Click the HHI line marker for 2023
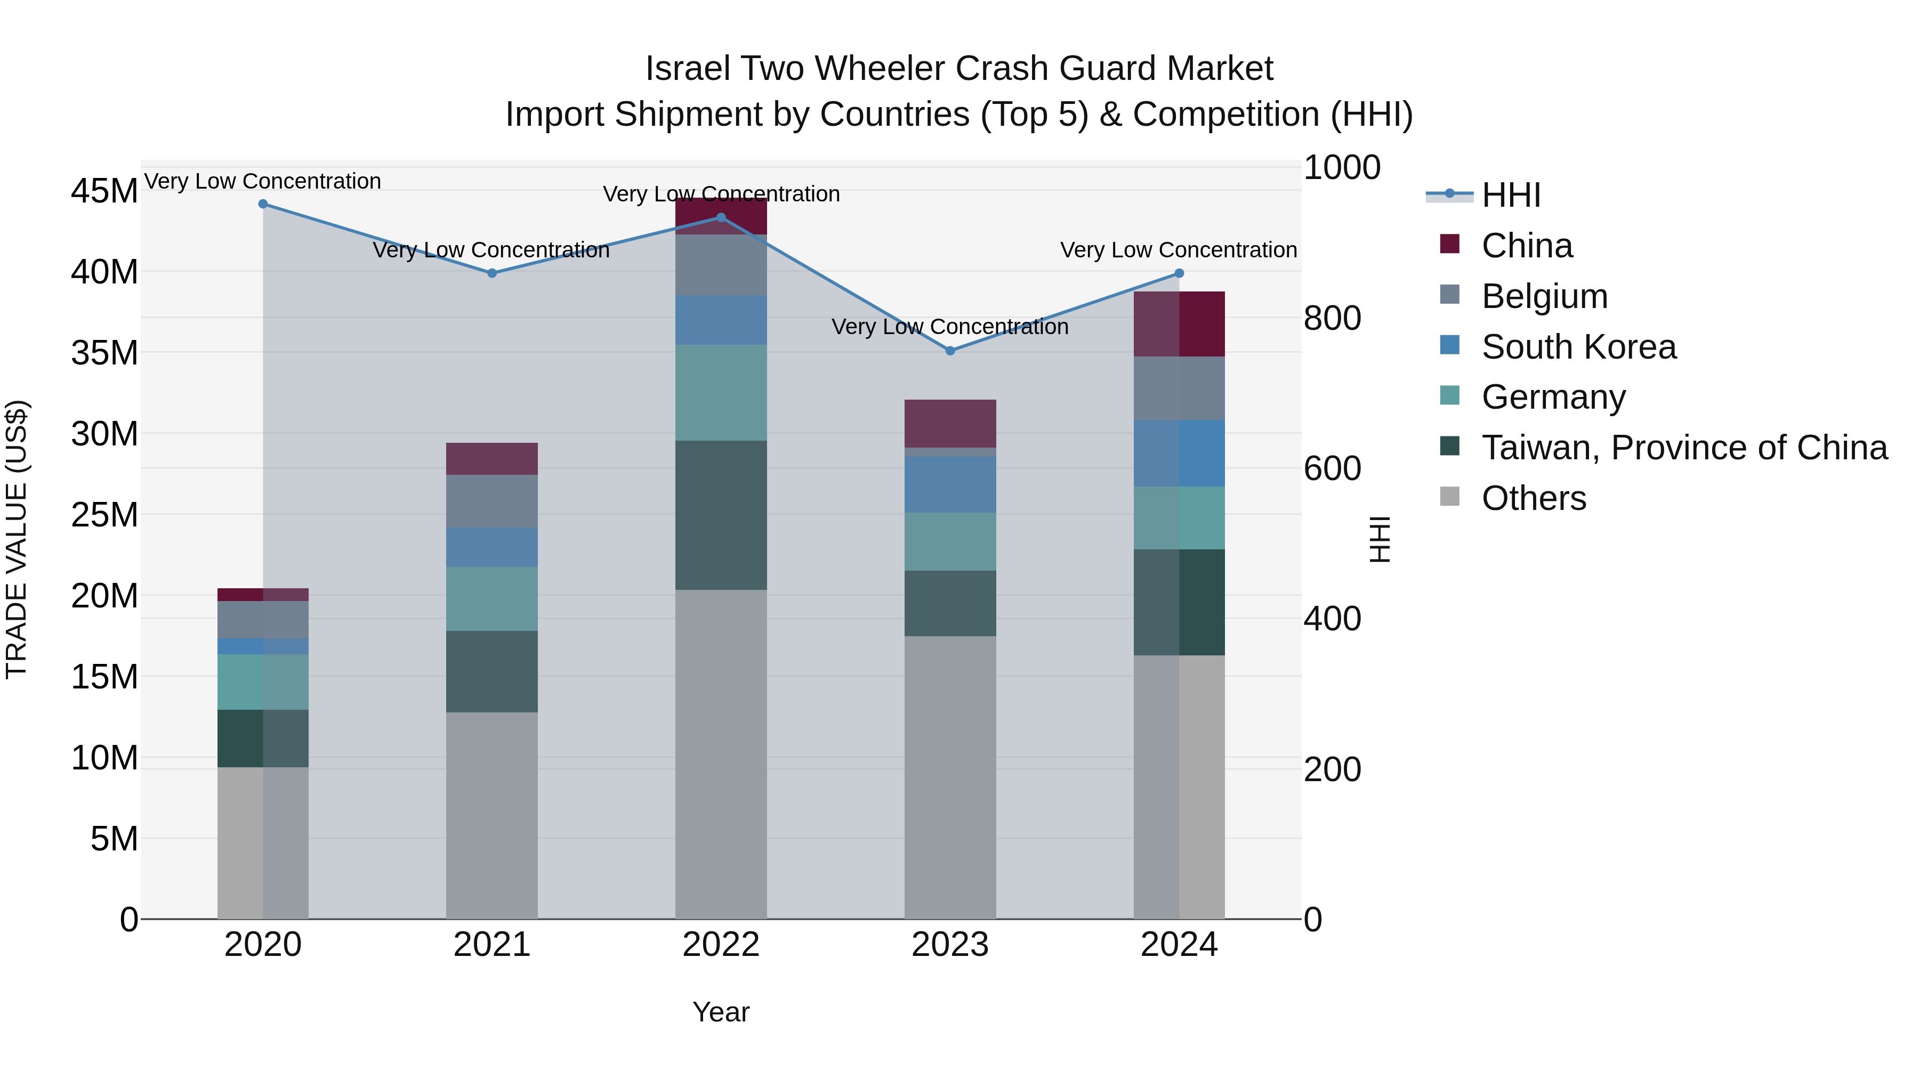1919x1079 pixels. [950, 351]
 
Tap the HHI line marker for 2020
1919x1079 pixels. [263, 204]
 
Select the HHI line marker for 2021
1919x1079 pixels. [491, 273]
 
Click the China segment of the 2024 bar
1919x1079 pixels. [1179, 324]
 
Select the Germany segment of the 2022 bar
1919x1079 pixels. [720, 392]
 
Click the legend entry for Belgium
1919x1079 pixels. [1544, 296]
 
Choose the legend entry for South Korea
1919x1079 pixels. [1578, 347]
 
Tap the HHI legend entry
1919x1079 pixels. [1510, 195]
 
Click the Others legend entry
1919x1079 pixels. [1533, 498]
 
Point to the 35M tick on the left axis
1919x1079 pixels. [104, 353]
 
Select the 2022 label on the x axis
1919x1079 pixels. [720, 945]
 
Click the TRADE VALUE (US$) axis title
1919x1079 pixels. [17, 539]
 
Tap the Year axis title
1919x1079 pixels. [720, 1012]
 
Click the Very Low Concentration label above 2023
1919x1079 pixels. [950, 327]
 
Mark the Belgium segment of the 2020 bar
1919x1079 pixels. [263, 620]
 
